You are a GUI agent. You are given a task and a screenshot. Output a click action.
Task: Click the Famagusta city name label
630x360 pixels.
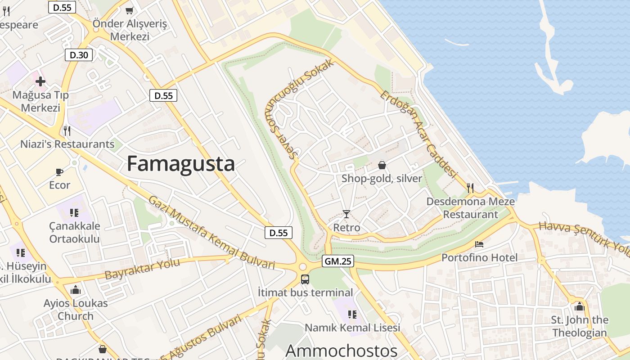coord(180,164)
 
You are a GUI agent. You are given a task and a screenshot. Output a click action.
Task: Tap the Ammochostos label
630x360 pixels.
coord(341,351)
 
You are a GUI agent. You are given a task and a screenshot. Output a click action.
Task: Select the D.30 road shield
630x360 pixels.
coord(79,55)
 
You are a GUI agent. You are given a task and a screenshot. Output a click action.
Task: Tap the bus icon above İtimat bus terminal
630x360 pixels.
coord(305,279)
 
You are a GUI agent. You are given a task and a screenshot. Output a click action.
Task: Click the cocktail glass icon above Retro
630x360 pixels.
coord(346,214)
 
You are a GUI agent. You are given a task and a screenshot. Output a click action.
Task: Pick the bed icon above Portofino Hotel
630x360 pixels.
coord(479,244)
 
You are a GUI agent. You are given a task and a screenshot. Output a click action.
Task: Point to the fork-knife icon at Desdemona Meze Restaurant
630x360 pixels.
coord(470,188)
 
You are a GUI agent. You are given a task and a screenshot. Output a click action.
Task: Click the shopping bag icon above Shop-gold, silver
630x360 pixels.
coord(382,165)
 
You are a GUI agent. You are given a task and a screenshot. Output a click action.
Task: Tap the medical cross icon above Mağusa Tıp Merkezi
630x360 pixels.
coord(40,81)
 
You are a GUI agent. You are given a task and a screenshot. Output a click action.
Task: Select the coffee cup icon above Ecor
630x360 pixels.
coord(59,172)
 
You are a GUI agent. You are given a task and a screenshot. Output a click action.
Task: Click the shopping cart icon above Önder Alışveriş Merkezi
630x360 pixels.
coord(130,10)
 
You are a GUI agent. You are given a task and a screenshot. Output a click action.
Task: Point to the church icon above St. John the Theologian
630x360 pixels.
coord(579,307)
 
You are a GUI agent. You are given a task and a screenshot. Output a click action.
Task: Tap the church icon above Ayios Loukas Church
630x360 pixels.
coord(76,290)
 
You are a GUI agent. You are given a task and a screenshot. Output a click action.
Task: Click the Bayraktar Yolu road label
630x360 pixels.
coord(142,269)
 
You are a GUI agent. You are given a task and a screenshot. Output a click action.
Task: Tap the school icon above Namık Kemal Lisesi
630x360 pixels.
coord(352,314)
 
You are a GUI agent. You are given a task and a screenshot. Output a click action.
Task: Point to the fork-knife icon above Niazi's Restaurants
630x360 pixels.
coord(67,131)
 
